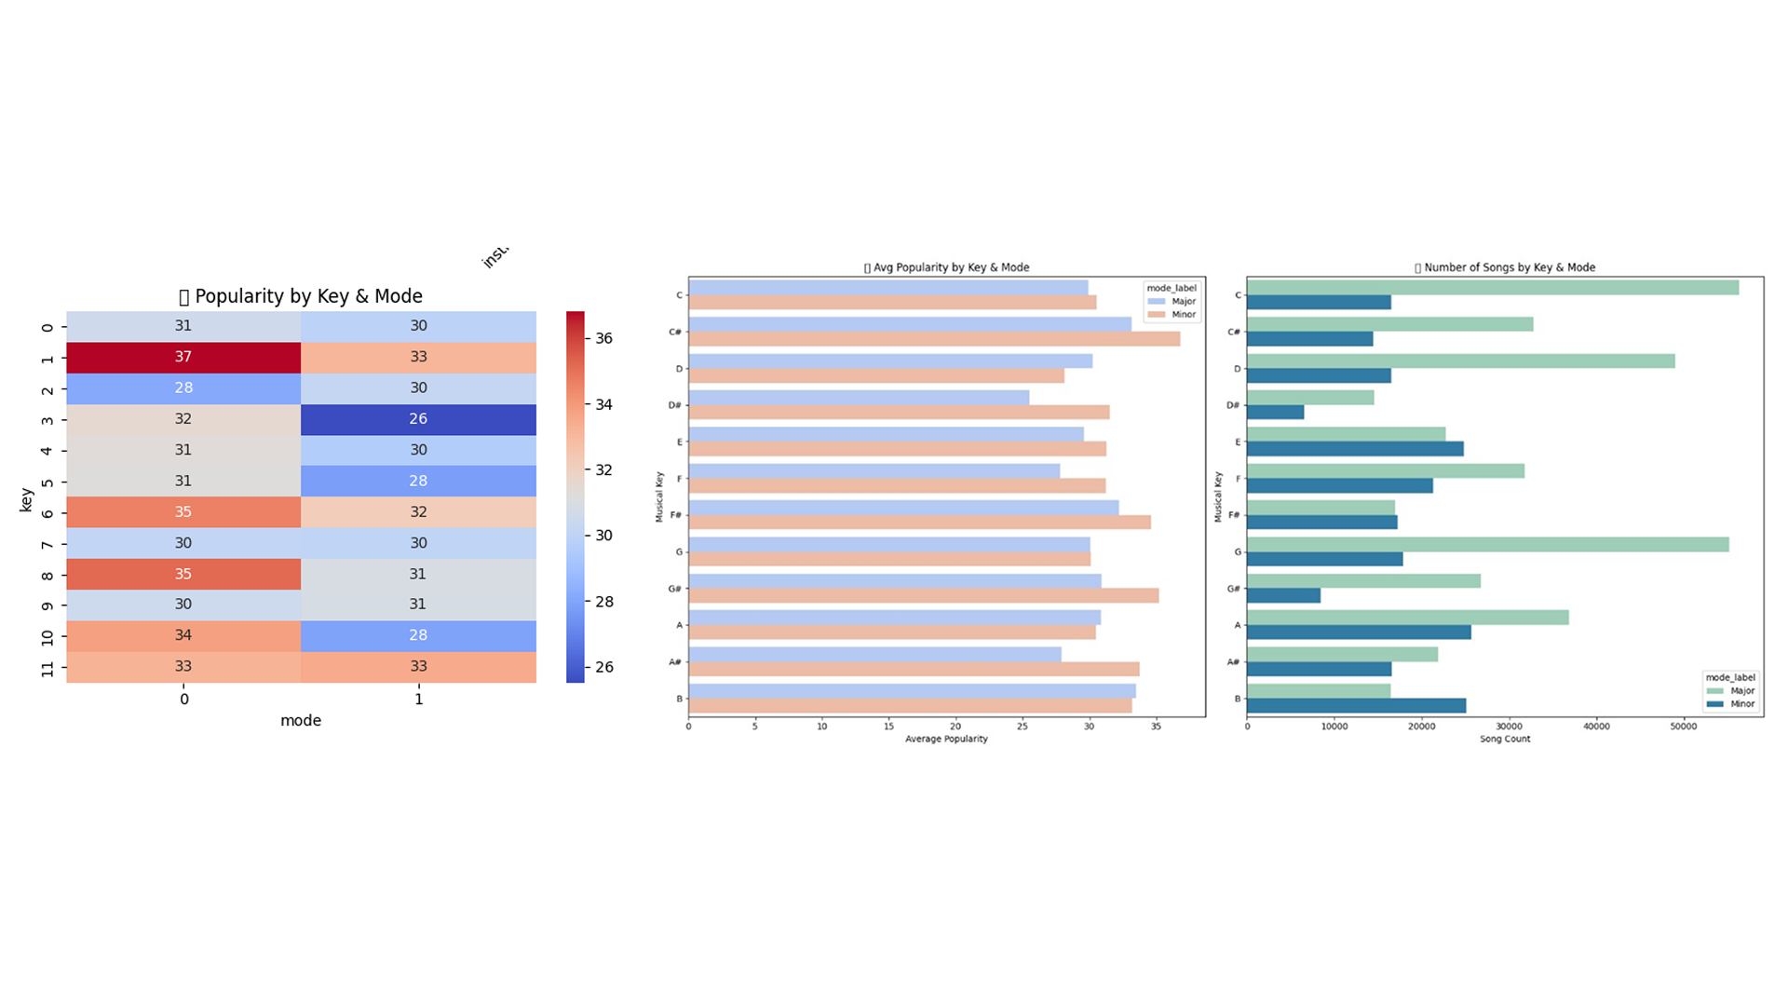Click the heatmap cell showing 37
pos(183,358)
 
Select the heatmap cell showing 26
pos(418,419)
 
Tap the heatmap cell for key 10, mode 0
pos(183,635)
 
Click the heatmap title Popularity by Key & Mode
pos(301,296)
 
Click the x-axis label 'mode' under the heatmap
pos(301,721)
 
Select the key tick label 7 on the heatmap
pos(47,544)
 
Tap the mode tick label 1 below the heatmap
pos(418,700)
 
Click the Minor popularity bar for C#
pos(934,339)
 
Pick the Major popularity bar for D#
pos(859,398)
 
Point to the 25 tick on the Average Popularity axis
pos(1023,727)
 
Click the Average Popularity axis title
pos(946,739)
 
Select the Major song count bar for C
pos(1492,288)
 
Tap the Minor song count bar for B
pos(1356,706)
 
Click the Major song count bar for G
pos(1487,545)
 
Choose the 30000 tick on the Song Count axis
pos(1509,727)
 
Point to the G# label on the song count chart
pos(1233,589)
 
